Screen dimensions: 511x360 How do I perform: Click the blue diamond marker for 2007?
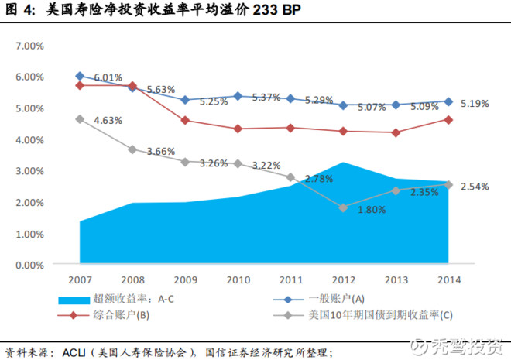[80, 76]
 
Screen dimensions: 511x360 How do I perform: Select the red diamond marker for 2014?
[448, 120]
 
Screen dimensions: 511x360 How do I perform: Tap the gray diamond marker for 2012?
[343, 207]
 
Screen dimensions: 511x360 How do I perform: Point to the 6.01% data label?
[108, 77]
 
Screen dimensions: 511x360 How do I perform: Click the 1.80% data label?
[372, 210]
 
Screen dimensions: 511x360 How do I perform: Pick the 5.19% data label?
[475, 104]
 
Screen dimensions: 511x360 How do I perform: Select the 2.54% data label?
[475, 187]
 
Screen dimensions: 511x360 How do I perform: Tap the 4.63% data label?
[108, 121]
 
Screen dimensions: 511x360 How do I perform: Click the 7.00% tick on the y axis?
[29, 46]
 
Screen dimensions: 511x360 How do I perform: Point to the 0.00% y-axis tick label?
[29, 266]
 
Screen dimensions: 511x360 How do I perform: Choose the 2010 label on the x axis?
[238, 279]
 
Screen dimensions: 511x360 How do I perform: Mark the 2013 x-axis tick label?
[396, 279]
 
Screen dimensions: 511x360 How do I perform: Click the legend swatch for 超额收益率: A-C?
[74, 300]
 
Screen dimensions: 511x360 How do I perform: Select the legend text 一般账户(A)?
[336, 299]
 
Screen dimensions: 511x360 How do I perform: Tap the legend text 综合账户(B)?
[122, 315]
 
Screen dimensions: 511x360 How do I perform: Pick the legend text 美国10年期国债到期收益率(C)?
[381, 315]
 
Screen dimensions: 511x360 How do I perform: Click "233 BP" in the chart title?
[276, 10]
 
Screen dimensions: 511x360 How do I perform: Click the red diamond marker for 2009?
[185, 120]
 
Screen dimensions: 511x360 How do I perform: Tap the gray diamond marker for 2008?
[132, 150]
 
